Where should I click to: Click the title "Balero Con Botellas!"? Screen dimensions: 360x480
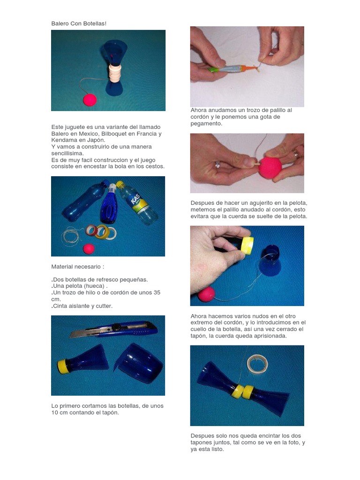[x=79, y=23]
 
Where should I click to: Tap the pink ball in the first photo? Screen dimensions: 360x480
[x=90, y=100]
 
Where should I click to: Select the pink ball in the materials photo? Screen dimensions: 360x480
[x=89, y=249]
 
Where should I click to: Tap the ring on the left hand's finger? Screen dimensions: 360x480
[x=217, y=165]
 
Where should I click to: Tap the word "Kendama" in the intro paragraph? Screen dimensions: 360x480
[x=64, y=140]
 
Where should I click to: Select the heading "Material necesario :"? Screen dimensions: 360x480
[x=77, y=267]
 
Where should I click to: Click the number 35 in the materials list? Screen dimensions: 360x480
[x=157, y=292]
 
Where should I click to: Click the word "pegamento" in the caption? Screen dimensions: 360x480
[x=206, y=124]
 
